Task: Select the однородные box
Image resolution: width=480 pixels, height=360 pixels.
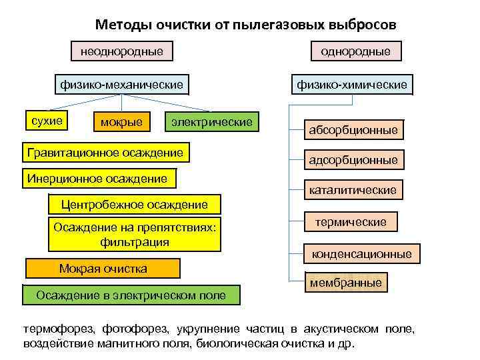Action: point(355,51)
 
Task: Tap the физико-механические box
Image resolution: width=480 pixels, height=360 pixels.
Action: point(121,85)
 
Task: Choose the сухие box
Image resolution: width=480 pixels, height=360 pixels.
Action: point(47,121)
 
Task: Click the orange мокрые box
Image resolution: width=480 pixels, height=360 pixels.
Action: point(121,122)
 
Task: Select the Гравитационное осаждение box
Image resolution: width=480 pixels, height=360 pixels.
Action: point(105,153)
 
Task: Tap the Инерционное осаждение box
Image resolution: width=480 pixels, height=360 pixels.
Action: point(97,178)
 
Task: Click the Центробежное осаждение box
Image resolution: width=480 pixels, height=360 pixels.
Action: point(135,204)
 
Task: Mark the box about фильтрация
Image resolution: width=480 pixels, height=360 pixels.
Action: point(135,235)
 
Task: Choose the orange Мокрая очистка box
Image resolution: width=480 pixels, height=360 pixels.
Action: point(103,268)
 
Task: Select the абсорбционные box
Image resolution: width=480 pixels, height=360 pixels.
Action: point(353,130)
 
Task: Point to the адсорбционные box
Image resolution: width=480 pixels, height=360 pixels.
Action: point(353,160)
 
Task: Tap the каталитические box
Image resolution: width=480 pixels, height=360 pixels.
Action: point(353,190)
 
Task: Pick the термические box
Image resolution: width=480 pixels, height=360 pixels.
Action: point(351,222)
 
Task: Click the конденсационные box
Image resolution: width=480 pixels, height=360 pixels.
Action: point(362,254)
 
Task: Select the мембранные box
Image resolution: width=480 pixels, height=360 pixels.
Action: point(346,283)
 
